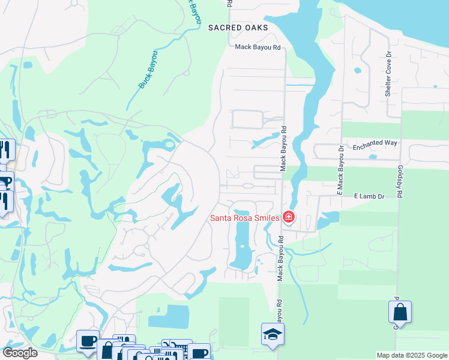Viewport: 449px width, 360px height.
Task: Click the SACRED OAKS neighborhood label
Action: (238, 28)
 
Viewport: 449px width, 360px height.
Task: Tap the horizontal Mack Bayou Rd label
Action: (258, 47)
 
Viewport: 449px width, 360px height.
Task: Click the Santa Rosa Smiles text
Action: (244, 218)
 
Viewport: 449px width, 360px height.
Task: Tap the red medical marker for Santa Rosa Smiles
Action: (289, 217)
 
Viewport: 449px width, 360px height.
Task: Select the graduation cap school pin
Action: (273, 334)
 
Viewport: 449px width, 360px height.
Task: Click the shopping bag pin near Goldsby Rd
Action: (400, 313)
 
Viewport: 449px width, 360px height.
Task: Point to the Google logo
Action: (20, 353)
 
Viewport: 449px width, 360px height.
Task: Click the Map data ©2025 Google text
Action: (412, 355)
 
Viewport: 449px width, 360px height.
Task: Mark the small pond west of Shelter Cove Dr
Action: (358, 70)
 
